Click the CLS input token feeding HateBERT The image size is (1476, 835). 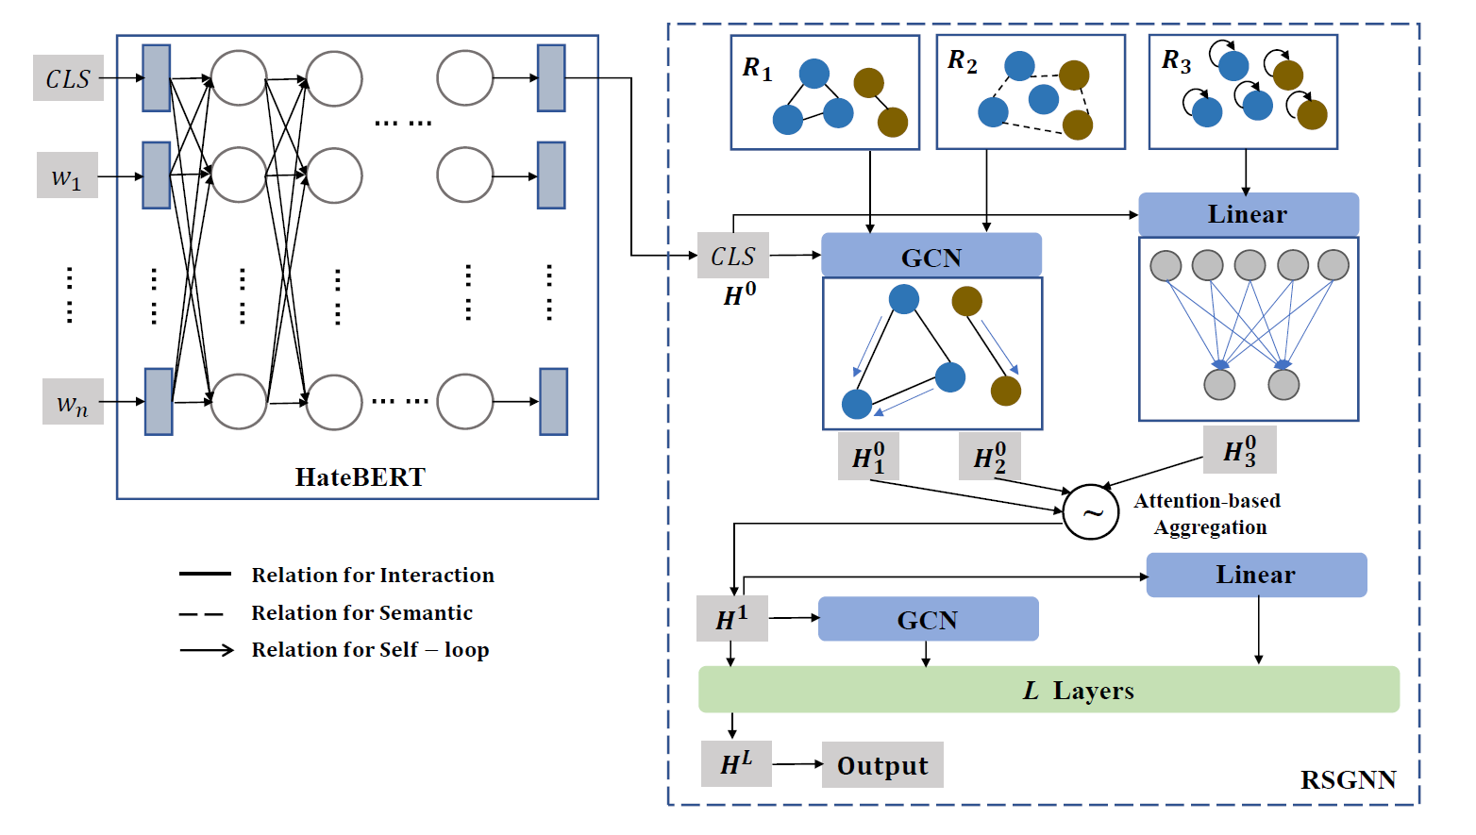(68, 78)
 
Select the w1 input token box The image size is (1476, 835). (67, 176)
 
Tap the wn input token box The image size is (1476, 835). (73, 402)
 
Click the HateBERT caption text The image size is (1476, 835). (361, 477)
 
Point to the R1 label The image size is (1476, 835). (757, 69)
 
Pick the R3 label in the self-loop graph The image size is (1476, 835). (1176, 62)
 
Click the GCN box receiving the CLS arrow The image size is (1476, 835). (931, 257)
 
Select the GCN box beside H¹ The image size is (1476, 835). (928, 619)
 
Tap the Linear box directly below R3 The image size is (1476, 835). (1248, 214)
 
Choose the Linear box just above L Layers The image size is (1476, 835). (1255, 575)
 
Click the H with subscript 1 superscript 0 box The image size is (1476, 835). (868, 457)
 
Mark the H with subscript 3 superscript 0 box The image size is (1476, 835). (1240, 450)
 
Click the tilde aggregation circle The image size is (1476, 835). (1091, 512)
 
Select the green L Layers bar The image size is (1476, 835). (1048, 690)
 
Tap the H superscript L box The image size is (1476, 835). (736, 763)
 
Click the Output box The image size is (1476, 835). (882, 765)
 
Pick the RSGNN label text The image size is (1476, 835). (1348, 780)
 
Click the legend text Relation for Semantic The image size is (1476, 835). (361, 613)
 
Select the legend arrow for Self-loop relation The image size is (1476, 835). (207, 650)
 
